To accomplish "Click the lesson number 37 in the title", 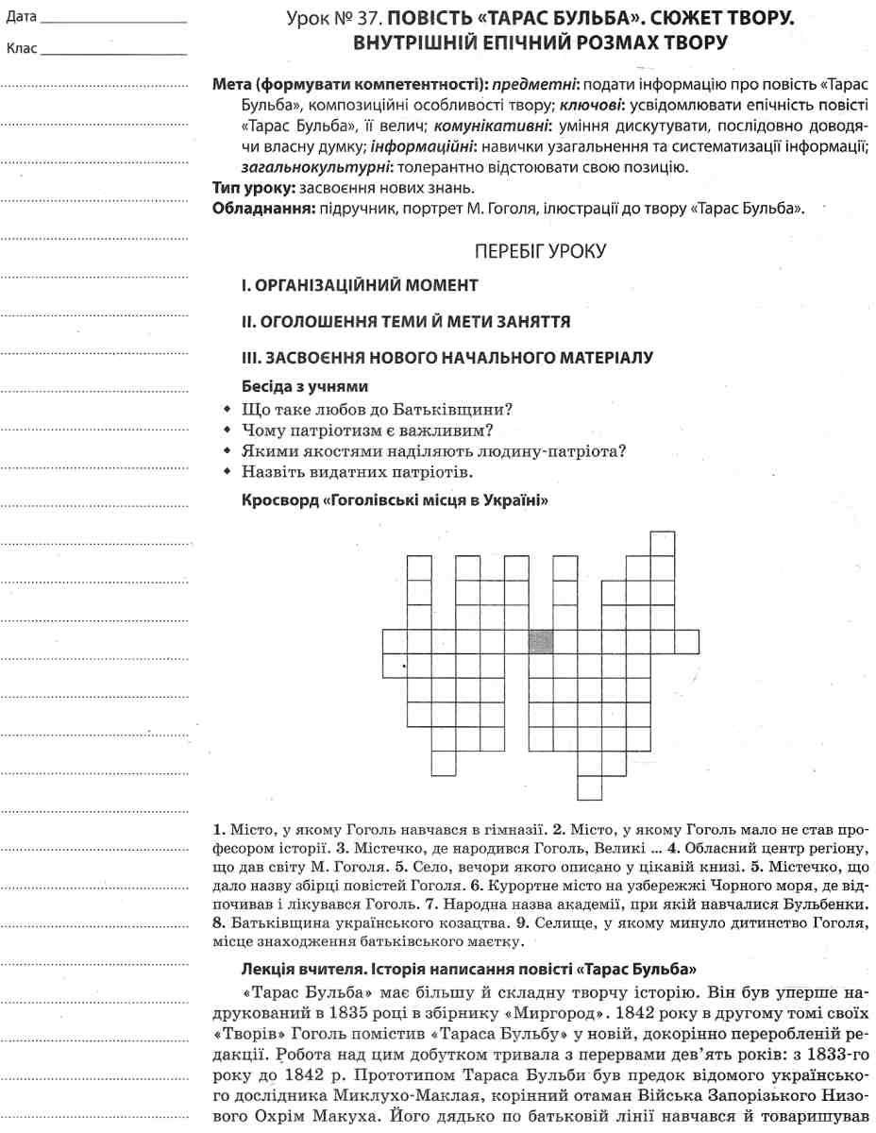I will tap(371, 17).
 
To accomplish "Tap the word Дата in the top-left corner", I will tap(21, 17).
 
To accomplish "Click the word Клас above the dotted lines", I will tap(21, 49).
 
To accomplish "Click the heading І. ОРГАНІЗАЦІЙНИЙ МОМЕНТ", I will tap(360, 285).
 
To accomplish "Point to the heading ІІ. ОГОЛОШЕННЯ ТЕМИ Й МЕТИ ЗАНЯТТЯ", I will tap(405, 322).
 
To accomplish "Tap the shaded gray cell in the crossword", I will tap(540, 642).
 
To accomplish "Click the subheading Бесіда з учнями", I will tap(304, 387).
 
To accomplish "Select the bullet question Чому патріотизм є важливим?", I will tap(368, 430).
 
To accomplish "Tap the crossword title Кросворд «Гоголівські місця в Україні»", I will tap(395, 499).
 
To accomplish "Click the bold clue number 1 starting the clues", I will tap(218, 831).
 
